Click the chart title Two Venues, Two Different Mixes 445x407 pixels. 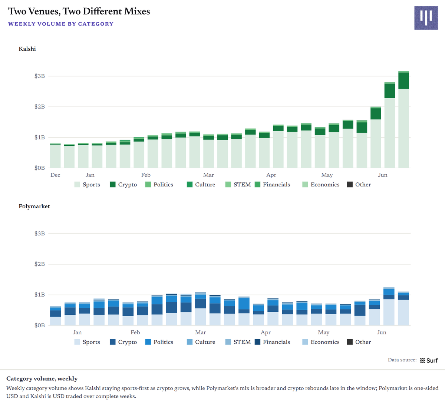pos(79,11)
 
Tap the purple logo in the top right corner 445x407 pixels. pos(426,18)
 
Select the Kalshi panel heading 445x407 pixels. pos(27,49)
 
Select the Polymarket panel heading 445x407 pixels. pos(34,206)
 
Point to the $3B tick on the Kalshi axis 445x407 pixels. pos(39,76)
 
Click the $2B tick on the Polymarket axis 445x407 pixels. pos(39,264)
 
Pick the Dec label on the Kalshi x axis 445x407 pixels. pos(55,175)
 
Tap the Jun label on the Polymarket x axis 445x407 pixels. pos(382,332)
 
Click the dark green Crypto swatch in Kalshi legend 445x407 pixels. pos(112,185)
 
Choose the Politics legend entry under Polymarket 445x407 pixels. pos(159,342)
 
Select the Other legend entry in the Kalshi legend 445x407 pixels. pos(359,185)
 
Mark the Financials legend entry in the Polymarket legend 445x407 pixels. pos(272,342)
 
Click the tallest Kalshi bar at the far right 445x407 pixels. pos(403,119)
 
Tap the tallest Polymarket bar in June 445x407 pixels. pos(389,306)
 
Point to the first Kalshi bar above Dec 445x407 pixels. pos(55,156)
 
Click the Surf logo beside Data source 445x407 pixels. pos(429,360)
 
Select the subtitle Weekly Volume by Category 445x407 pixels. pos(61,24)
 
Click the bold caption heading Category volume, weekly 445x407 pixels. pos(42,378)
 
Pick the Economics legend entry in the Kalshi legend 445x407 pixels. pos(321,185)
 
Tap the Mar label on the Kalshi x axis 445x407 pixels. pos(208,175)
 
